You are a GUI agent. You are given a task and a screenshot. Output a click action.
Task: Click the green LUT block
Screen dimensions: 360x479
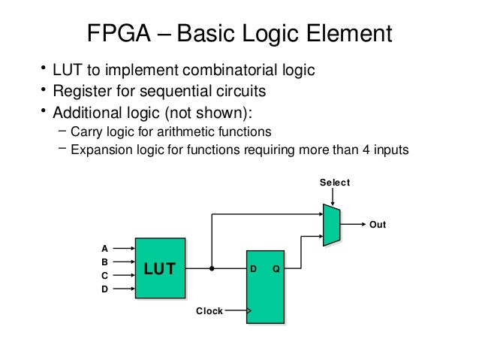pyautogui.click(x=159, y=268)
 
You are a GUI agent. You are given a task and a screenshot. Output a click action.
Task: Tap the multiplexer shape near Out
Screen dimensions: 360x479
pyautogui.click(x=331, y=225)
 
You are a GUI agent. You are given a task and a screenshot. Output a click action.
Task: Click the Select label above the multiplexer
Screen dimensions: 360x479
pyautogui.click(x=335, y=183)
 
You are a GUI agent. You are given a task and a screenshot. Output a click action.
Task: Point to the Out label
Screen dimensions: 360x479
pyautogui.click(x=378, y=225)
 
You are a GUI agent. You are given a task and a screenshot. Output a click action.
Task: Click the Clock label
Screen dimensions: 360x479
pyautogui.click(x=209, y=310)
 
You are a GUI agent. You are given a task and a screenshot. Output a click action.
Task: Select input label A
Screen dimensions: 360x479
pyautogui.click(x=105, y=247)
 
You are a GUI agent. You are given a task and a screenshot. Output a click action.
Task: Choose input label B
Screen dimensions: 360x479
pyautogui.click(x=105, y=261)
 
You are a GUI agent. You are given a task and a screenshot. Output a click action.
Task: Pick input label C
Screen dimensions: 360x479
pyautogui.click(x=105, y=275)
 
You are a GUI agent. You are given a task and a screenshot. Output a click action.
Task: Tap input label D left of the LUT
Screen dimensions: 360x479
pyautogui.click(x=105, y=289)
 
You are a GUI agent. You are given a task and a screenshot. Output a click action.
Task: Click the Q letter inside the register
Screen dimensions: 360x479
pyautogui.click(x=276, y=268)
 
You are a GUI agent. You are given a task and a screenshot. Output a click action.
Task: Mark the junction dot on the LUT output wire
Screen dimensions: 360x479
pyautogui.click(x=212, y=268)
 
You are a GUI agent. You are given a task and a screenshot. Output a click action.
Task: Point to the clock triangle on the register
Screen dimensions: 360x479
pyautogui.click(x=249, y=310)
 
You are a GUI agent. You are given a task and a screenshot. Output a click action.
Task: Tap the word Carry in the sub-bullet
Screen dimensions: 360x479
pyautogui.click(x=86, y=131)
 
